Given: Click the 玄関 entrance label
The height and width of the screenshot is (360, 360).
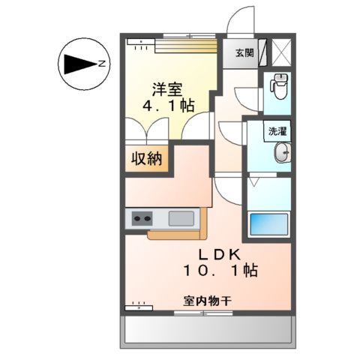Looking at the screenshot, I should point(244,53).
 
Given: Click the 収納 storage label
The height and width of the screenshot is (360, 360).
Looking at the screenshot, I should point(147,160).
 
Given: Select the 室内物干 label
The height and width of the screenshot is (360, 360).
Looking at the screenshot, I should point(207,301).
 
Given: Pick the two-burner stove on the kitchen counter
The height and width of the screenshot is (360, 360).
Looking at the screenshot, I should point(142,219).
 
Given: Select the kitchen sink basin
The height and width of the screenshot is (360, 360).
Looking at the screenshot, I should point(181,218).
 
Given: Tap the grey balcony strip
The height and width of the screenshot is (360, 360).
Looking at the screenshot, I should point(207,327).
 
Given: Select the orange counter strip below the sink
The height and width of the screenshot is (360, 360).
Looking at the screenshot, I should point(176,234).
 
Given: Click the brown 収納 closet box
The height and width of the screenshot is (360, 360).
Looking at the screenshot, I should point(147,160).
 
